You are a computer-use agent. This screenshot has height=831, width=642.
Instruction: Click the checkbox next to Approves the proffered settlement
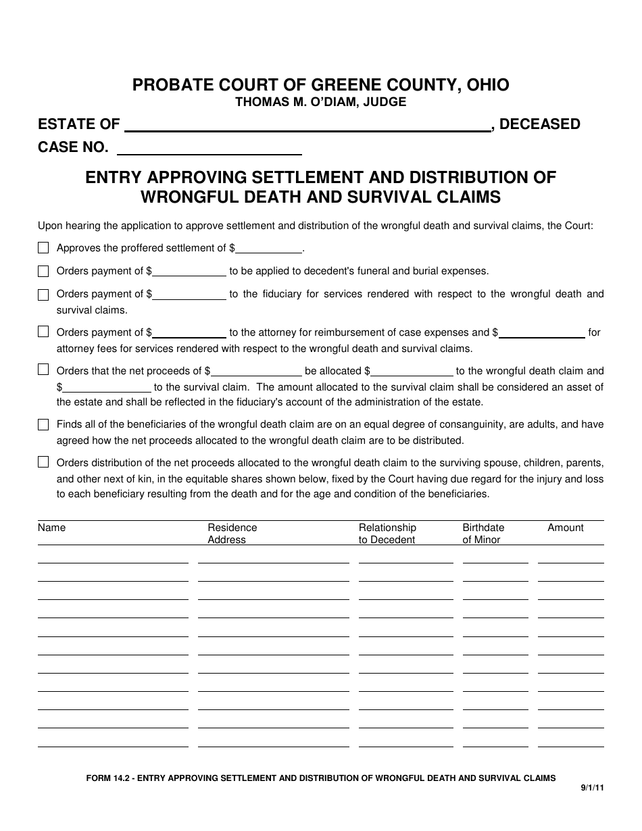[x=43, y=248]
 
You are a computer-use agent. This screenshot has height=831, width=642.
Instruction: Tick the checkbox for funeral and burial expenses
[x=43, y=271]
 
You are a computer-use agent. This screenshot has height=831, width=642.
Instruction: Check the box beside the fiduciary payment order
[x=43, y=295]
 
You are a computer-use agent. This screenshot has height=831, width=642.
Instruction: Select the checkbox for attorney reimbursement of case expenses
[x=43, y=332]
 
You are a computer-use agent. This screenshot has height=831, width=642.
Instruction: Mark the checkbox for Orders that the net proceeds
[x=43, y=370]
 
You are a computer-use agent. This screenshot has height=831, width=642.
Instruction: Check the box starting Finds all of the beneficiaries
[x=43, y=425]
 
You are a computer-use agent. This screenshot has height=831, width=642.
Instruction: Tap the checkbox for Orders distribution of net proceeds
[x=43, y=463]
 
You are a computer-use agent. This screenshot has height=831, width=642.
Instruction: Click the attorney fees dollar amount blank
[x=541, y=332]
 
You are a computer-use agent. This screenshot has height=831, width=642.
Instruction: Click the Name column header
[x=52, y=528]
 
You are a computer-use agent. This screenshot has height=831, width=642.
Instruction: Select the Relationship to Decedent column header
[x=387, y=534]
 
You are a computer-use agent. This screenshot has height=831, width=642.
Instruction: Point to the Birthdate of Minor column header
[x=483, y=534]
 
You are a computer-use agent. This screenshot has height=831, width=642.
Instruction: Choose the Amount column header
[x=566, y=528]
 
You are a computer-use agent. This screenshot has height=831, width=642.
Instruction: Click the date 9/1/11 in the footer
[x=592, y=788]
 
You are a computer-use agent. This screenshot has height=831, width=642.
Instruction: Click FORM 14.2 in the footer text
[x=108, y=778]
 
